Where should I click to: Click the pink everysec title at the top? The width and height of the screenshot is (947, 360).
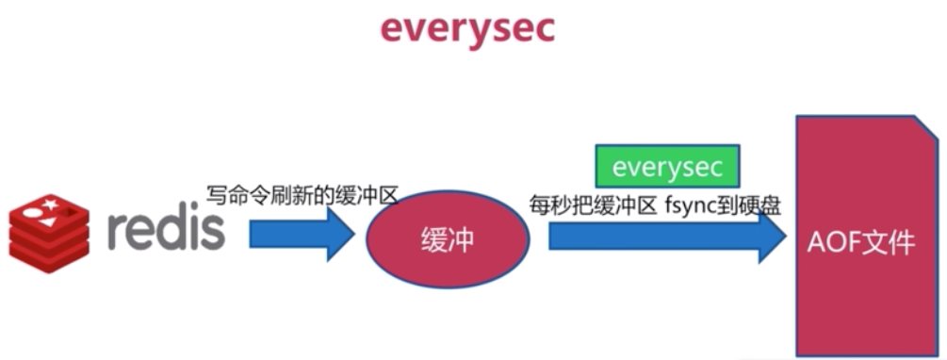pyautogui.click(x=468, y=28)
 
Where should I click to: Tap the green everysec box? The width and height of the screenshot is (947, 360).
pyautogui.click(x=667, y=167)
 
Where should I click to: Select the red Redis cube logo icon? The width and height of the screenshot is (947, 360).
pyautogui.click(x=49, y=228)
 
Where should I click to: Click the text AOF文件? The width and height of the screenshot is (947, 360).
pyautogui.click(x=860, y=242)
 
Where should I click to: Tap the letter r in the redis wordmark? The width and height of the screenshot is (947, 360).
pyautogui.click(x=117, y=231)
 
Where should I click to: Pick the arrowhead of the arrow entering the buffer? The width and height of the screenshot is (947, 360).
pyautogui.click(x=337, y=235)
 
